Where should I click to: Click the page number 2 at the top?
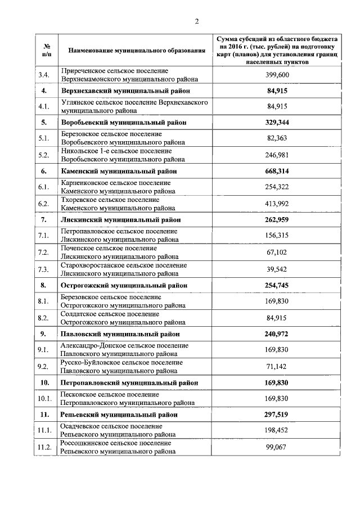click(197, 21)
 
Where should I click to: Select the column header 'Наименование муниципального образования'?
click(136, 51)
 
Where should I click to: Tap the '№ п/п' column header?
click(47, 51)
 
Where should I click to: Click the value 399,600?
click(277, 75)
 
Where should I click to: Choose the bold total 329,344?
click(277, 122)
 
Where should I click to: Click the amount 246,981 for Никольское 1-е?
click(277, 155)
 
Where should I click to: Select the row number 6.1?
click(44, 187)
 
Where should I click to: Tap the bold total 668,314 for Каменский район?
click(277, 171)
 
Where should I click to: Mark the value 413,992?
click(277, 204)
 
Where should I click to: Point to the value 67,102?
click(277, 253)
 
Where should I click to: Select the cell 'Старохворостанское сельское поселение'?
click(124, 265)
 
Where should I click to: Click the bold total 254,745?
click(277, 285)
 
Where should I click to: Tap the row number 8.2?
click(44, 318)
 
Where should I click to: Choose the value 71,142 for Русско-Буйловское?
click(277, 367)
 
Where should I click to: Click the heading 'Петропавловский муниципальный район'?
click(129, 382)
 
